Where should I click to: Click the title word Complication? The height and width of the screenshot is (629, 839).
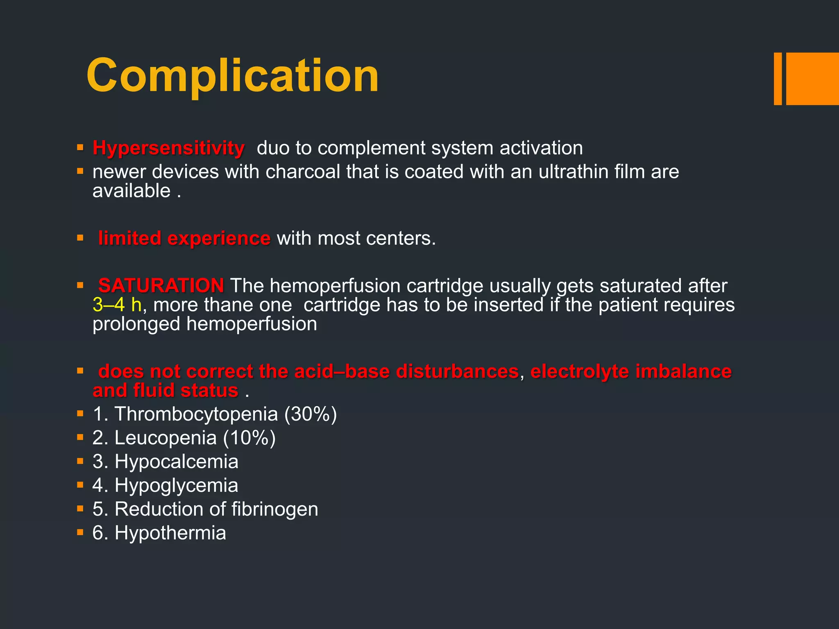coord(232,76)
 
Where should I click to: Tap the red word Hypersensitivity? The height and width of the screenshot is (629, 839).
coord(168,148)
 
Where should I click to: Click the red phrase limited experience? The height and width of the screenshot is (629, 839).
coord(184,238)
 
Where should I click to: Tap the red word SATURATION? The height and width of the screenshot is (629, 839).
coord(161,285)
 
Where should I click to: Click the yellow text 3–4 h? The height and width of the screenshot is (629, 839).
coord(117,305)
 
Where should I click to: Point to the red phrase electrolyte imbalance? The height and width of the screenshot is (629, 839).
coord(631,371)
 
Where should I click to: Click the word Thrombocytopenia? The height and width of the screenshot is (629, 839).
coord(196,414)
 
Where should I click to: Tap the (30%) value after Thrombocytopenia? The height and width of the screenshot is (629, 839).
coord(311,414)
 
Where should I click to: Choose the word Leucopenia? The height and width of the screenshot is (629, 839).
coord(166,438)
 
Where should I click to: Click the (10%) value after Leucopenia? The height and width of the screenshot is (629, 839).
coord(249,438)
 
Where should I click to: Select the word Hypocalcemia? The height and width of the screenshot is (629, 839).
coord(176,462)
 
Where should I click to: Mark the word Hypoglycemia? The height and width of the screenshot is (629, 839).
coord(176,485)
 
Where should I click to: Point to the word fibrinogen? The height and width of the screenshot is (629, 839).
coord(274,509)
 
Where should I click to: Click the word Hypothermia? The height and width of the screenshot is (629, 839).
coord(170,533)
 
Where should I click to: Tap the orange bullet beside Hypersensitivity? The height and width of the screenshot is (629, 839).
coord(80,147)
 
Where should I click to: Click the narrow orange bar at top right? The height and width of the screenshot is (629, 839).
coord(778,79)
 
